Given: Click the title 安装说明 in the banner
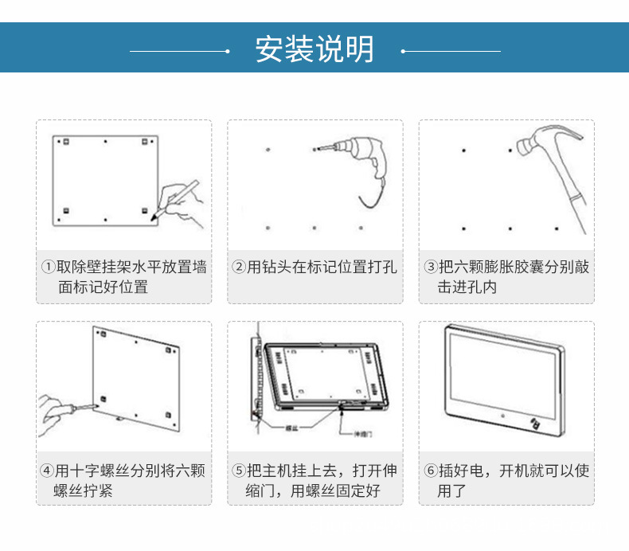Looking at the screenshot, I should click(314, 49).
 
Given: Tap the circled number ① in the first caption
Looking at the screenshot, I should click(49, 267).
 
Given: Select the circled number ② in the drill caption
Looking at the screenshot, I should click(239, 267).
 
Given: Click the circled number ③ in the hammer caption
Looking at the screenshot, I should click(431, 267).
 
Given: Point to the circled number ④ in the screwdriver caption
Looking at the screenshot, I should click(49, 471).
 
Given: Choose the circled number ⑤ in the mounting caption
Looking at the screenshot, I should click(239, 471).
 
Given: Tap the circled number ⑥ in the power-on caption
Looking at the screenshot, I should click(431, 471).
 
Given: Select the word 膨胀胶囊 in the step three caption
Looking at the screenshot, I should click(514, 267).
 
